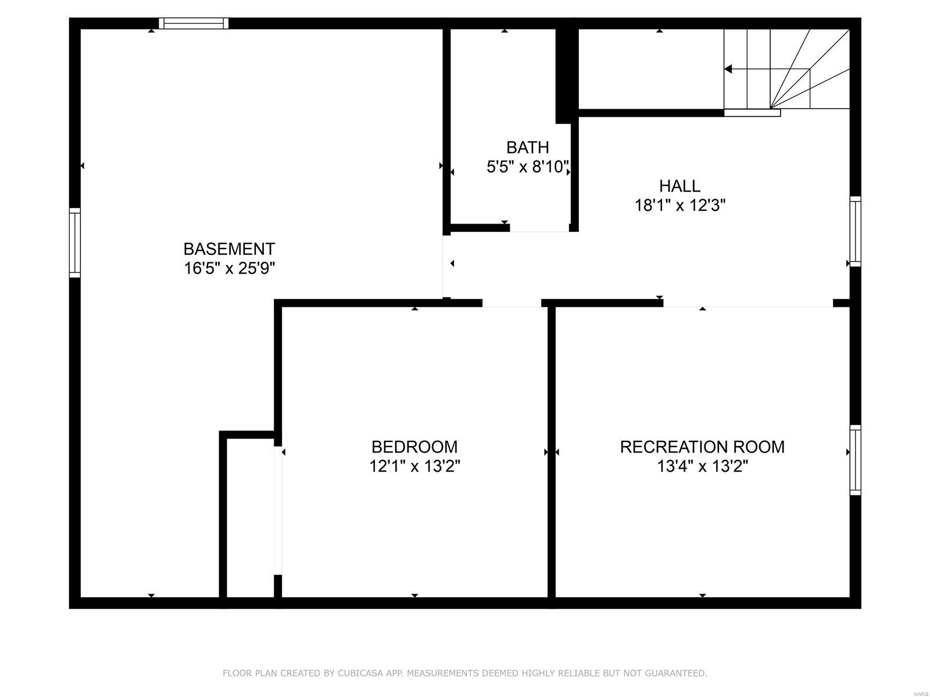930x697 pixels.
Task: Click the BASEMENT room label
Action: [x=229, y=249]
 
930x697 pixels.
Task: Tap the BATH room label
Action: [x=527, y=148]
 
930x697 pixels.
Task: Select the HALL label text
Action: [x=679, y=186]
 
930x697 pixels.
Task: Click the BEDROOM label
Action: [x=414, y=447]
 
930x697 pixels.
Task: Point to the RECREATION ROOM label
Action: [x=702, y=447]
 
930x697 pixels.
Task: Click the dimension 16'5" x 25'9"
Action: [x=229, y=269]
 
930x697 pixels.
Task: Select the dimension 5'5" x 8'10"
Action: [x=527, y=168]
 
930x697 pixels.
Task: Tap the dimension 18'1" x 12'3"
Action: [x=679, y=206]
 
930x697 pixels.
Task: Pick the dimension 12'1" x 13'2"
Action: [x=414, y=466]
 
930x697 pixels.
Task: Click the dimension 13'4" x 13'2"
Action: [x=702, y=466]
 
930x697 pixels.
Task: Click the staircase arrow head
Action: [x=728, y=70]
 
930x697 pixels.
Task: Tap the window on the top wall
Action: [x=194, y=24]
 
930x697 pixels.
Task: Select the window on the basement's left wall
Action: [x=75, y=242]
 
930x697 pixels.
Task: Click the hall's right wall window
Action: [x=855, y=231]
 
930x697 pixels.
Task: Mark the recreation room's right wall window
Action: [x=855, y=460]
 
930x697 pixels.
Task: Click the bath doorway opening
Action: [x=539, y=228]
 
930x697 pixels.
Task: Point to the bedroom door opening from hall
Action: [x=512, y=303]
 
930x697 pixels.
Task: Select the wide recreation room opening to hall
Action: [x=748, y=303]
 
